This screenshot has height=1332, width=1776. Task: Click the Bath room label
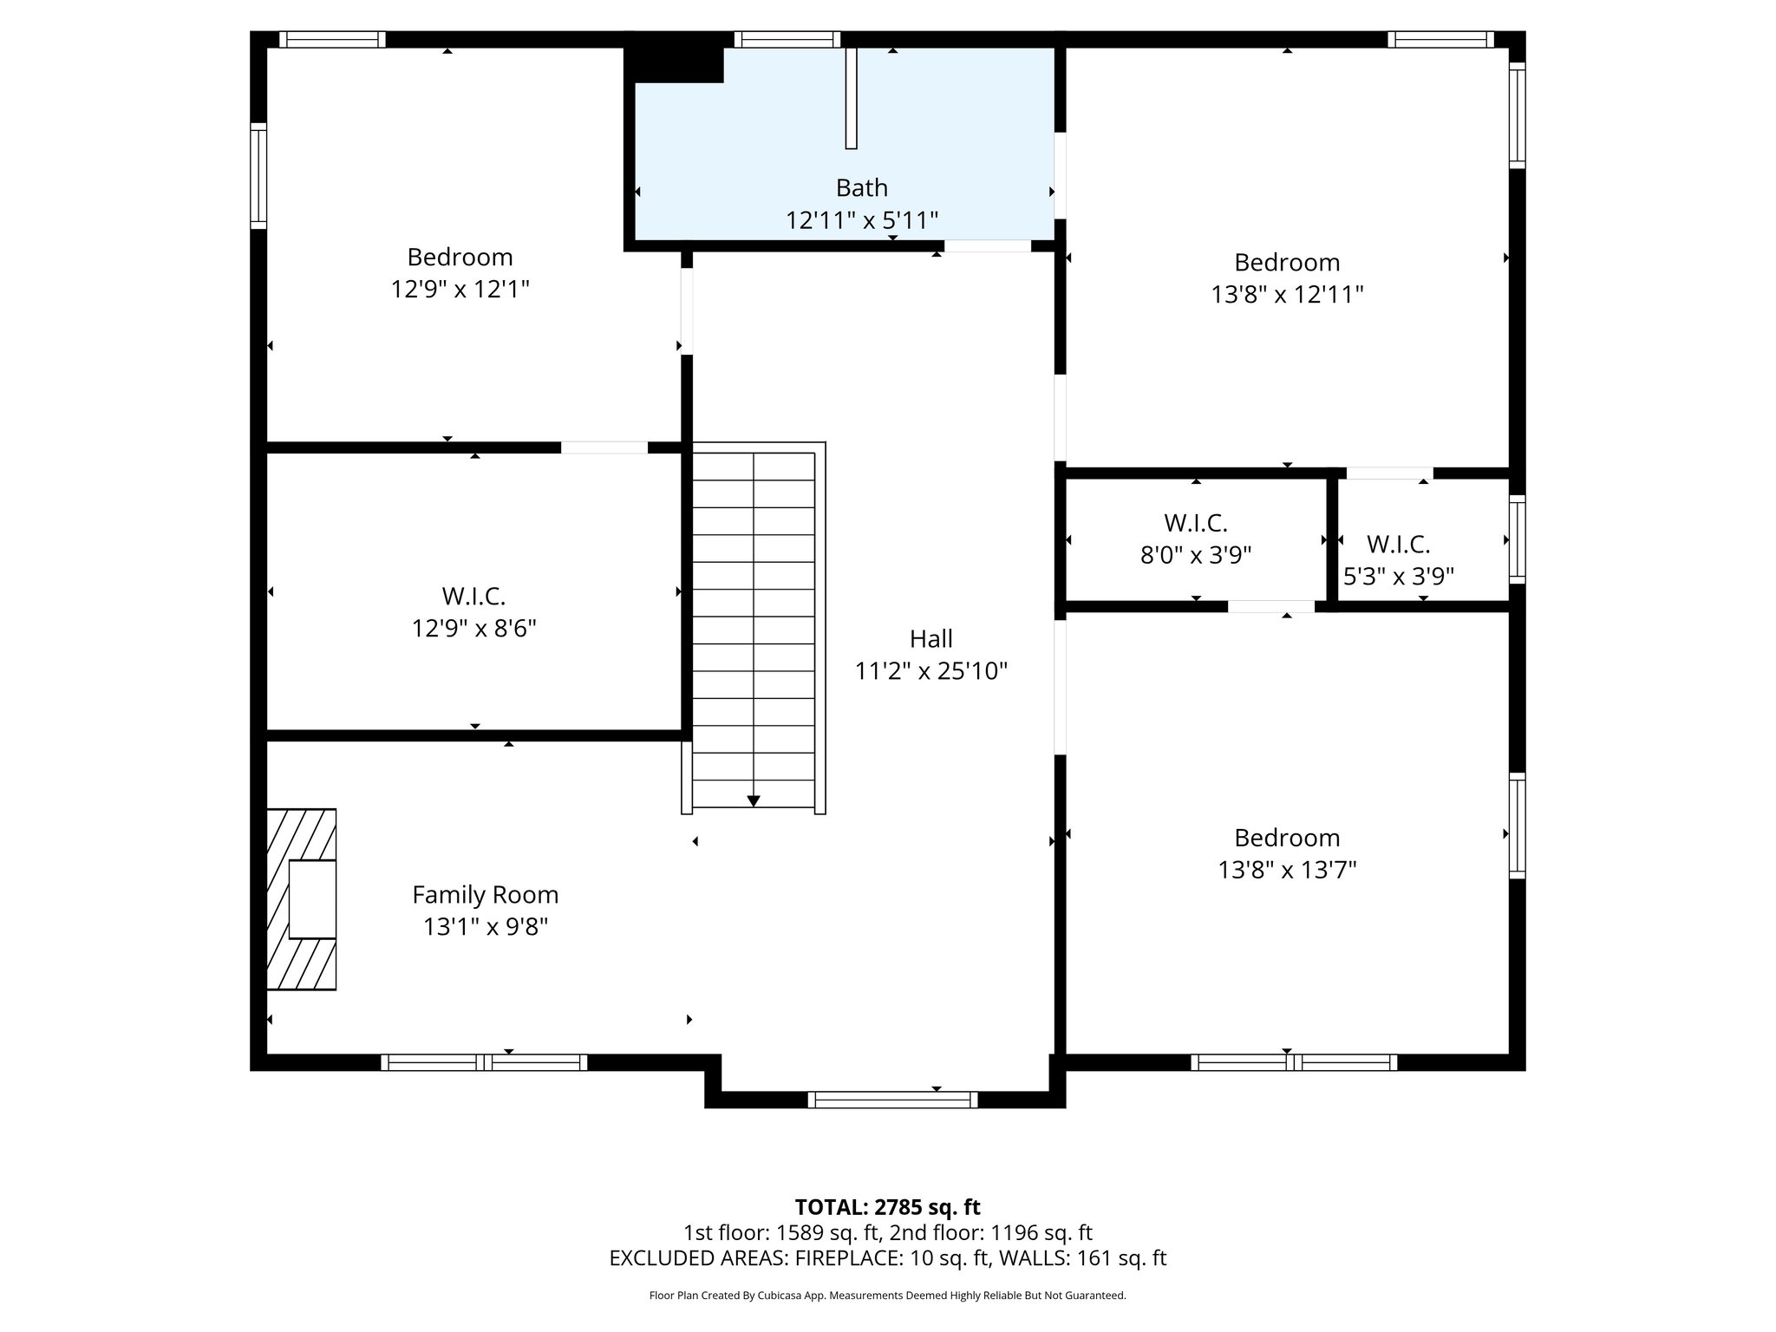click(x=861, y=188)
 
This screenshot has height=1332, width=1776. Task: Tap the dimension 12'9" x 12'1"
click(x=460, y=290)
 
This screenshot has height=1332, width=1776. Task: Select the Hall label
click(x=930, y=639)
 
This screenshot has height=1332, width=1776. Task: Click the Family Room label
click(x=485, y=895)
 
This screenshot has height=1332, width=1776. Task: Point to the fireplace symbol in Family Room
click(x=302, y=899)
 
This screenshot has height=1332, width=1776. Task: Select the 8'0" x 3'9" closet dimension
click(x=1195, y=556)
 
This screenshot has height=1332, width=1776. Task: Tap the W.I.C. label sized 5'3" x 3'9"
click(x=1398, y=545)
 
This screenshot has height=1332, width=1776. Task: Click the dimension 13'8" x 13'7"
click(x=1287, y=870)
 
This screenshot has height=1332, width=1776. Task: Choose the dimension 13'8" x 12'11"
click(x=1287, y=295)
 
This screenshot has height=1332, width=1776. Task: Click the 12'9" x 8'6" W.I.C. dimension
click(x=473, y=629)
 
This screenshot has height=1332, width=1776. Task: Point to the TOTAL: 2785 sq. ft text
click(x=887, y=1207)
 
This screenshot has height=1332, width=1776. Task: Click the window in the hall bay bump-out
click(x=892, y=1100)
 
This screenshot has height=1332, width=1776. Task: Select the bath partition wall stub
click(x=852, y=98)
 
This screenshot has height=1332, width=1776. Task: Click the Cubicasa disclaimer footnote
click(x=887, y=1296)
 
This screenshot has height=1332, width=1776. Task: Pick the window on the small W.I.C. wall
click(x=1517, y=539)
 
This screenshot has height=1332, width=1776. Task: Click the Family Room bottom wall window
click(x=484, y=1062)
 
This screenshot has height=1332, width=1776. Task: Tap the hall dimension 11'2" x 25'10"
click(x=930, y=671)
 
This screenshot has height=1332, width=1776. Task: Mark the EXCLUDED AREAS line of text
click(x=887, y=1258)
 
